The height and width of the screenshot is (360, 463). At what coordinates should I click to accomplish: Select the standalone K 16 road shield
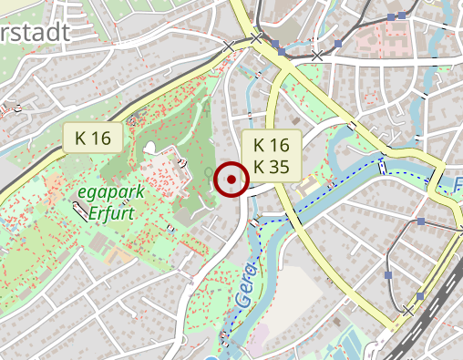click(93, 139)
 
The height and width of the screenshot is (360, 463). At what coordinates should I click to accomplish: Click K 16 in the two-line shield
click(271, 145)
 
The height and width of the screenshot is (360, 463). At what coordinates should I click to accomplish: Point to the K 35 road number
click(271, 166)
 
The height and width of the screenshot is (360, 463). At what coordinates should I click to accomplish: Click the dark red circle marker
click(231, 180)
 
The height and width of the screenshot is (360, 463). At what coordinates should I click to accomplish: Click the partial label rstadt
click(35, 33)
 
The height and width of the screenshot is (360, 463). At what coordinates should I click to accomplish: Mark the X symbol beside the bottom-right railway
click(408, 311)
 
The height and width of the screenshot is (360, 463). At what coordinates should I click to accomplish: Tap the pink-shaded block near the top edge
click(378, 36)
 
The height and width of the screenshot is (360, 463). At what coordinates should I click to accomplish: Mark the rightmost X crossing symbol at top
click(316, 57)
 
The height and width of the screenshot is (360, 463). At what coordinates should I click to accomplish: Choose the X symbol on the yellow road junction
click(256, 38)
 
